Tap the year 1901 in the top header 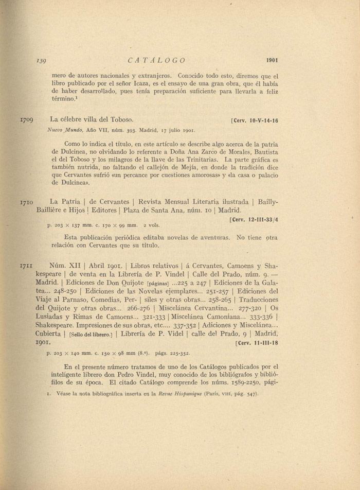pyautogui.click(x=272, y=60)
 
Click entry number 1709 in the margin pyautogui.click(x=27, y=120)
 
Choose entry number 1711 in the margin pyautogui.click(x=26, y=267)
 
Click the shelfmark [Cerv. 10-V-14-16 pyautogui.click(x=255, y=121)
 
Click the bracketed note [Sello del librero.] pyautogui.click(x=91, y=335)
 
